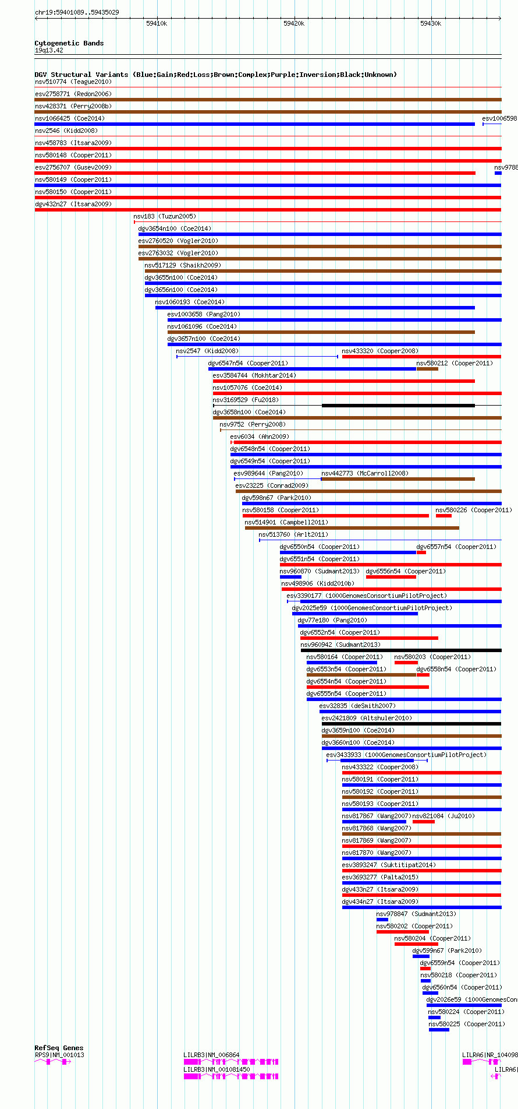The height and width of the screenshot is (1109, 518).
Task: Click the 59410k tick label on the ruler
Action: [156, 23]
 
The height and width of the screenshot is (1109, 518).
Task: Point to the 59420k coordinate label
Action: [293, 23]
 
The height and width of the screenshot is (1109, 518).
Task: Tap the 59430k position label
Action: [430, 23]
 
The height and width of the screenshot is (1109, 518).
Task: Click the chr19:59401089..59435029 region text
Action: [77, 12]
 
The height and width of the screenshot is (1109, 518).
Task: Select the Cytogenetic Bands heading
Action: [69, 43]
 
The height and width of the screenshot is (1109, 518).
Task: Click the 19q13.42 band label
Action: [49, 50]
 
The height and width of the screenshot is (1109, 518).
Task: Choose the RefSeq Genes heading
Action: [59, 1048]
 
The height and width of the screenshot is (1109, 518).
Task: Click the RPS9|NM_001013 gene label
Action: [59, 1055]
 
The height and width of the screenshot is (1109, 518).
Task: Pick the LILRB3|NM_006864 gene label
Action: [211, 1055]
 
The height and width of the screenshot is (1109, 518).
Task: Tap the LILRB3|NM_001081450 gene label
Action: [217, 1069]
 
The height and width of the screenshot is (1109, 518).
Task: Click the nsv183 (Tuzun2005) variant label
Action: [165, 216]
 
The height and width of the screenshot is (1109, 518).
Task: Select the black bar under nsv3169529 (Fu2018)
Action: [398, 406]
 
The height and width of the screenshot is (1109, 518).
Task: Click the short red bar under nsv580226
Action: [444, 516]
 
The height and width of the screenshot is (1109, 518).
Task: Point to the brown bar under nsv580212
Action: [427, 369]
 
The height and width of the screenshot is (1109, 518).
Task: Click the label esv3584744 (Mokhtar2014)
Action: [254, 375]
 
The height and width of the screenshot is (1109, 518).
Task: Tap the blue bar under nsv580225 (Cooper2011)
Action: [439, 1030]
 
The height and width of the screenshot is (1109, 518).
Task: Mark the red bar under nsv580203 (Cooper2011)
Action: [406, 663]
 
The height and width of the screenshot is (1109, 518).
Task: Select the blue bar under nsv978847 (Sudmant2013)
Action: [382, 920]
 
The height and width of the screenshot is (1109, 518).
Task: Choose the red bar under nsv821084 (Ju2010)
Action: [423, 822]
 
